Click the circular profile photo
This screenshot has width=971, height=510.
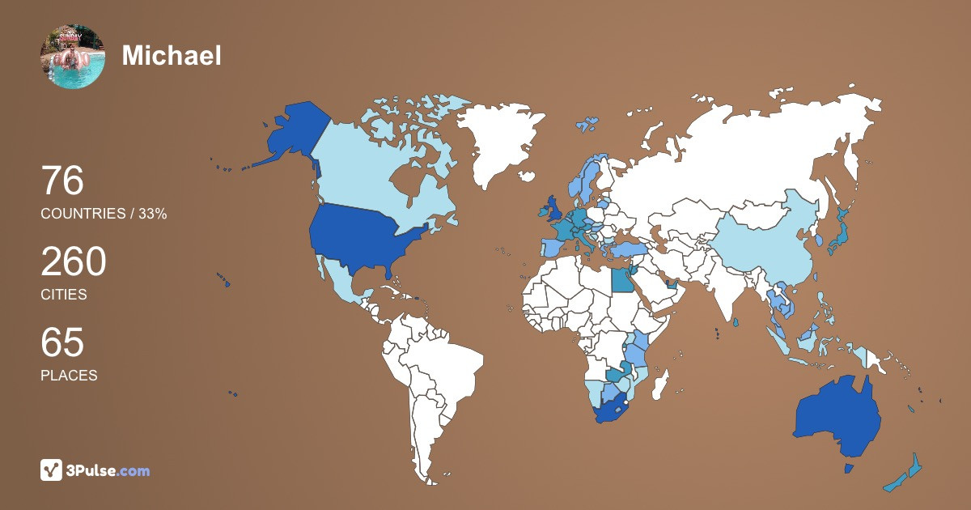point(72,56)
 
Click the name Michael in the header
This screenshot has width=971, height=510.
point(172,56)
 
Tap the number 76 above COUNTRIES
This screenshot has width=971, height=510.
point(62,181)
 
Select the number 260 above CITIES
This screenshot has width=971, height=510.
point(74,262)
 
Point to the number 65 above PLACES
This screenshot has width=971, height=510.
point(62,342)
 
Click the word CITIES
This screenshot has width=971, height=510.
point(63,295)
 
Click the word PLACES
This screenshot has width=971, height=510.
point(69,376)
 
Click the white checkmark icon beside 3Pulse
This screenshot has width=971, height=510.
point(52,470)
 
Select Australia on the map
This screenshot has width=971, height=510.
point(837,413)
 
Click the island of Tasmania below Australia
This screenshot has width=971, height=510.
point(849,469)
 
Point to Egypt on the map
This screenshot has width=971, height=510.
point(622,281)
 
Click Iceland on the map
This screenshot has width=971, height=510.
point(586,125)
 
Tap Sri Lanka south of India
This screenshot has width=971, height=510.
point(736,322)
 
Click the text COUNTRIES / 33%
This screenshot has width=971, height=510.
point(104,214)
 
